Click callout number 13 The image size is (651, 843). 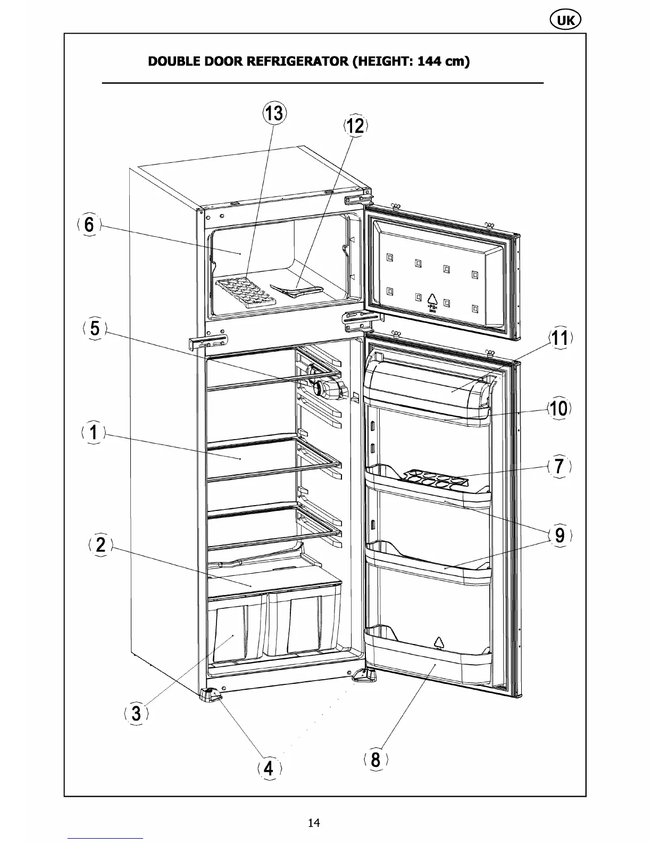click(275, 113)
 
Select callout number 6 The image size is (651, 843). click(89, 225)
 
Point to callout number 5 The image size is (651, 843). click(95, 328)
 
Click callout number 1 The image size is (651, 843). click(94, 432)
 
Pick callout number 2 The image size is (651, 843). click(101, 544)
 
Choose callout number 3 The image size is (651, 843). click(136, 713)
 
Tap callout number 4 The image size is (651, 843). click(269, 768)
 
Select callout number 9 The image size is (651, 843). click(560, 535)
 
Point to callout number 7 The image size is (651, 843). click(559, 466)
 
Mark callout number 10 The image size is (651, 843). click(558, 409)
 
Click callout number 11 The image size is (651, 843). click(560, 338)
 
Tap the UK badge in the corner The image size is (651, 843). click(564, 20)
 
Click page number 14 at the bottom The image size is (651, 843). click(314, 823)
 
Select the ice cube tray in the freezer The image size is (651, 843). click(246, 292)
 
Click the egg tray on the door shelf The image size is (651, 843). click(434, 477)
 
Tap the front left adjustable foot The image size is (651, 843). click(211, 695)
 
